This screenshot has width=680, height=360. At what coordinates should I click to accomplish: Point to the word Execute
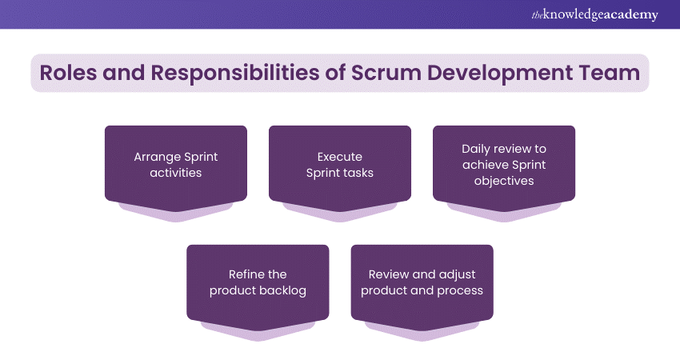click(x=340, y=157)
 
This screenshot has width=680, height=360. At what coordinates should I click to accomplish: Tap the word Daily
click(x=477, y=149)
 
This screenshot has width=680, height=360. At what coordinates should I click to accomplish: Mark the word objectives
click(x=504, y=181)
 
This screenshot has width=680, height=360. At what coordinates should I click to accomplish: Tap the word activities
click(x=176, y=173)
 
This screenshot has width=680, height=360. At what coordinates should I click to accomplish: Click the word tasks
click(x=358, y=173)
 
